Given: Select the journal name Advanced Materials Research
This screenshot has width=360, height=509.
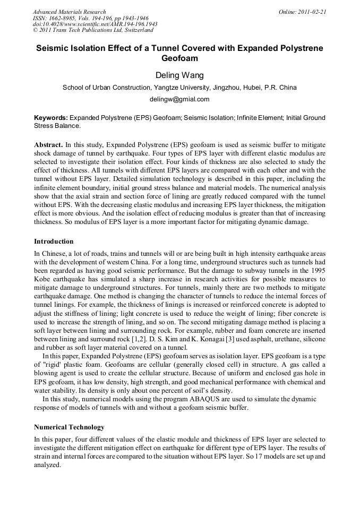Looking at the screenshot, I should pyautogui.click(x=69, y=12).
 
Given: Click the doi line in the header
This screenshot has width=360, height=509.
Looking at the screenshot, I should pyautogui.click(x=95, y=24).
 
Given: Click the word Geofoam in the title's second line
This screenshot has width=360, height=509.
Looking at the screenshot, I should pyautogui.click(x=179, y=59).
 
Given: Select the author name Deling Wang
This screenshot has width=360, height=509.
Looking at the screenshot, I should pyautogui.click(x=179, y=75).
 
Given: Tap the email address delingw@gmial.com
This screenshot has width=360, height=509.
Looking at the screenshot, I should pyautogui.click(x=179, y=99).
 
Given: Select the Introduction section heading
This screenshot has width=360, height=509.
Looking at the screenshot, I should pyautogui.click(x=54, y=241).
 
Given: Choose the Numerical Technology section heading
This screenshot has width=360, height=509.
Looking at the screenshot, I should pyautogui.click(x=69, y=427).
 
